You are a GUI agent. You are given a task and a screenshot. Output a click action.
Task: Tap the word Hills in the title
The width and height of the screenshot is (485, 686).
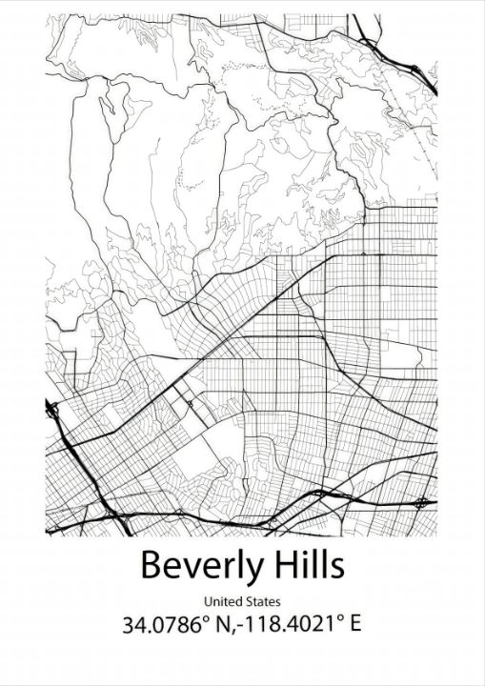(308, 564)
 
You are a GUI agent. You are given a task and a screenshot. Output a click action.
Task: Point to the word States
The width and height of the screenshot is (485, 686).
(264, 601)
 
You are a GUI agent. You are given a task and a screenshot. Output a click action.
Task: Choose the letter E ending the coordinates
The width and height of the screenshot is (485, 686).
(354, 626)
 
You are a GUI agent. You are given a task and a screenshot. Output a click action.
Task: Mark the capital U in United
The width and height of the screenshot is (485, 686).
(208, 601)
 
